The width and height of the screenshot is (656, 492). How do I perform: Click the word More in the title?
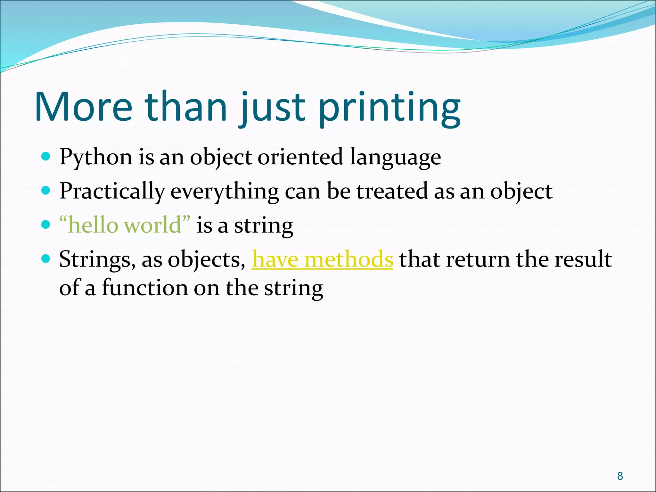pyautogui.click(x=83, y=107)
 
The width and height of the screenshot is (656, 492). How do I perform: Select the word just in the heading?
pyautogui.click(x=272, y=109)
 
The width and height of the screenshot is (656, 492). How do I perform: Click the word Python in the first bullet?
pyautogui.click(x=96, y=158)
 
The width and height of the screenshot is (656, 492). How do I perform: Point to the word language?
pyautogui.click(x=395, y=158)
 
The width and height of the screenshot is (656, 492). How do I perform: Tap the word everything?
pyautogui.click(x=225, y=192)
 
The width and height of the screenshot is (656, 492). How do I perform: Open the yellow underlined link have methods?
pyautogui.click(x=322, y=259)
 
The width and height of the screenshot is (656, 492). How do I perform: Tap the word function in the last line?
pyautogui.click(x=144, y=288)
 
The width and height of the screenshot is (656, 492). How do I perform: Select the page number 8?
pyautogui.click(x=620, y=476)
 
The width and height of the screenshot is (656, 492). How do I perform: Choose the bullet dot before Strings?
pyautogui.click(x=46, y=258)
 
